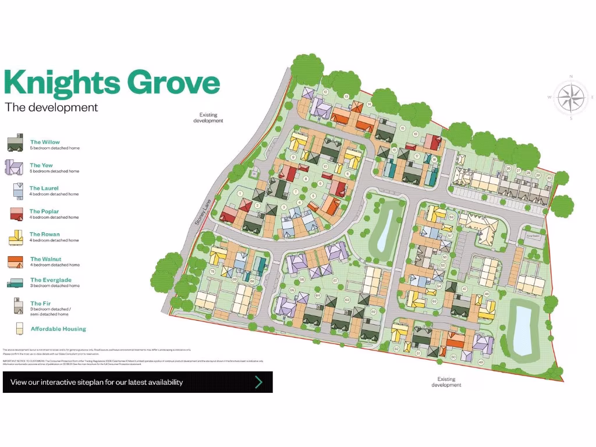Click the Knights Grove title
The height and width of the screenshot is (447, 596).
(x=112, y=83)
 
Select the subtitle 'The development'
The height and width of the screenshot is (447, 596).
(x=51, y=108)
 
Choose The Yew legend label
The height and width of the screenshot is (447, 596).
(x=41, y=165)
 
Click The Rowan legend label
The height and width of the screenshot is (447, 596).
(x=45, y=235)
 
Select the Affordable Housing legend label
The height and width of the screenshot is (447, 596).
(x=58, y=329)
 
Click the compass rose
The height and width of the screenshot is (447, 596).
(x=571, y=97)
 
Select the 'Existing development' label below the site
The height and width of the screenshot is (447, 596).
(x=446, y=382)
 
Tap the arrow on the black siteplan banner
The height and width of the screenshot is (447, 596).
(x=258, y=382)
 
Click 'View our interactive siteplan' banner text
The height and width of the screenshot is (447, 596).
(x=97, y=382)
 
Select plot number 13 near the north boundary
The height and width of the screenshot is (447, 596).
(x=347, y=96)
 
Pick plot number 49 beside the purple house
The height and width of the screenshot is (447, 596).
(x=481, y=362)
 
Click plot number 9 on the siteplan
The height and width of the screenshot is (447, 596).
(x=293, y=157)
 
